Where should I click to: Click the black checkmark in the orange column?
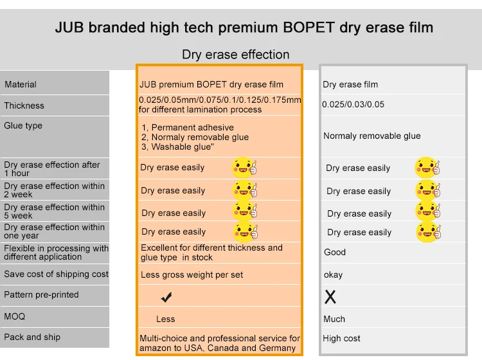coord(166,297)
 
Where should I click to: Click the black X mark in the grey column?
coord(330,297)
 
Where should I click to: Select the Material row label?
coord(21,85)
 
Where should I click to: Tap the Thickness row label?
coord(24,105)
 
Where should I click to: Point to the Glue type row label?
coord(23,126)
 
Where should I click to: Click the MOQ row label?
coord(14,316)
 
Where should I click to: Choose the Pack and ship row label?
coord(32,337)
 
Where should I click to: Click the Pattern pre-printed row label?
coord(41,294)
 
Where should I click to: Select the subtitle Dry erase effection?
coord(235,55)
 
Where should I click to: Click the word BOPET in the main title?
coord(308,28)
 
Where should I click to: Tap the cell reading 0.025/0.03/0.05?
coord(353,105)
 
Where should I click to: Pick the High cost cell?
coord(341,339)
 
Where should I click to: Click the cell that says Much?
coord(334,319)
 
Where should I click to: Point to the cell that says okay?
coord(333,274)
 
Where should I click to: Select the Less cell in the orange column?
coord(165,319)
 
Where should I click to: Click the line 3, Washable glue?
coord(177,147)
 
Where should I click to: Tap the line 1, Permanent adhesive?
coord(188,127)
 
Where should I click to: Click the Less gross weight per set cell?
coord(192,275)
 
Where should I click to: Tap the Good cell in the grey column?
coord(335,252)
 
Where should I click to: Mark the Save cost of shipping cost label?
coord(57,274)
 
